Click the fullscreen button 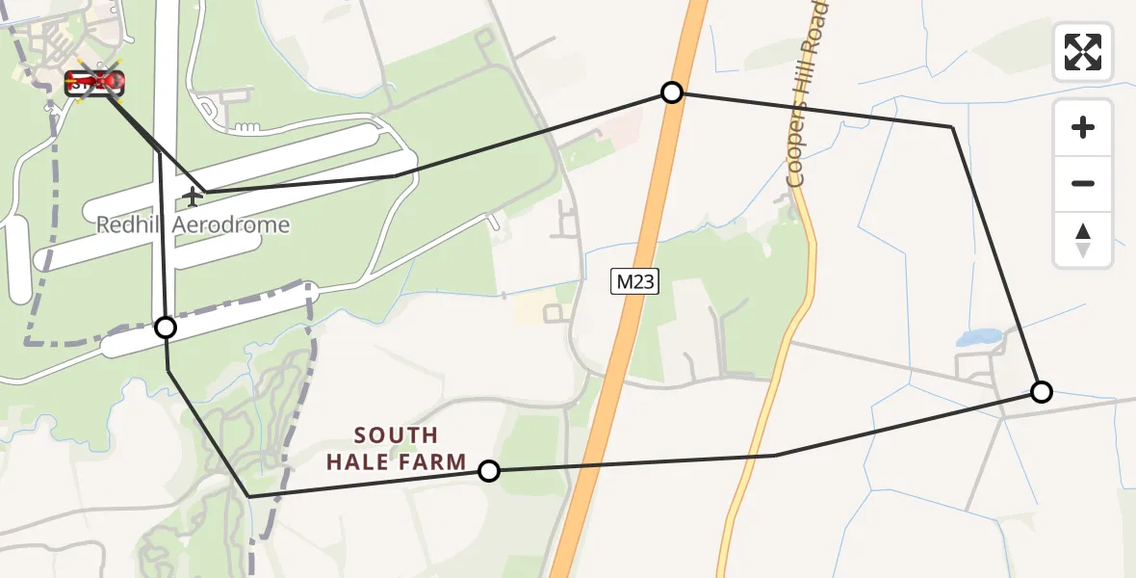[x=1083, y=52]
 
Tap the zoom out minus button [x=1083, y=184]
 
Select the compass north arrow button [x=1083, y=240]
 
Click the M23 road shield [x=635, y=281]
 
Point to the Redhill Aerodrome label [x=193, y=225]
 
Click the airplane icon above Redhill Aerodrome [x=193, y=197]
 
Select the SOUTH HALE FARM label [x=396, y=449]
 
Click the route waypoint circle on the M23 [x=672, y=92]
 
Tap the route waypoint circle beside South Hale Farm [x=489, y=471]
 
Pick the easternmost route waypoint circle [x=1041, y=392]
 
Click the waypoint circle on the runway [x=166, y=328]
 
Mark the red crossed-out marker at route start [x=94, y=83]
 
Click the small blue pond [x=978, y=337]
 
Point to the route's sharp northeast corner [x=952, y=127]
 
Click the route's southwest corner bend [x=249, y=496]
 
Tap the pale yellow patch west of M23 [x=532, y=308]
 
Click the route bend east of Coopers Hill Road [x=775, y=456]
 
